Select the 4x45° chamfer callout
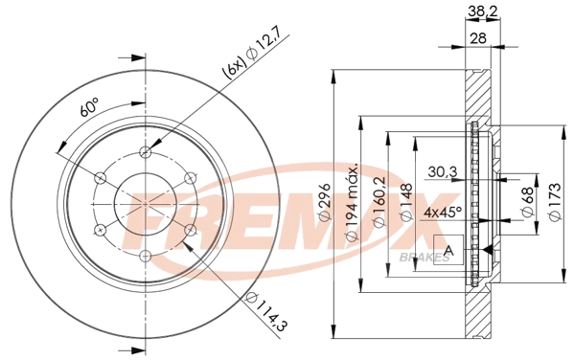click(444, 211)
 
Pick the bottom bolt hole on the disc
click(146, 255)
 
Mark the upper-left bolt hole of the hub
click(102, 177)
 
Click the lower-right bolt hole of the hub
click(190, 229)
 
